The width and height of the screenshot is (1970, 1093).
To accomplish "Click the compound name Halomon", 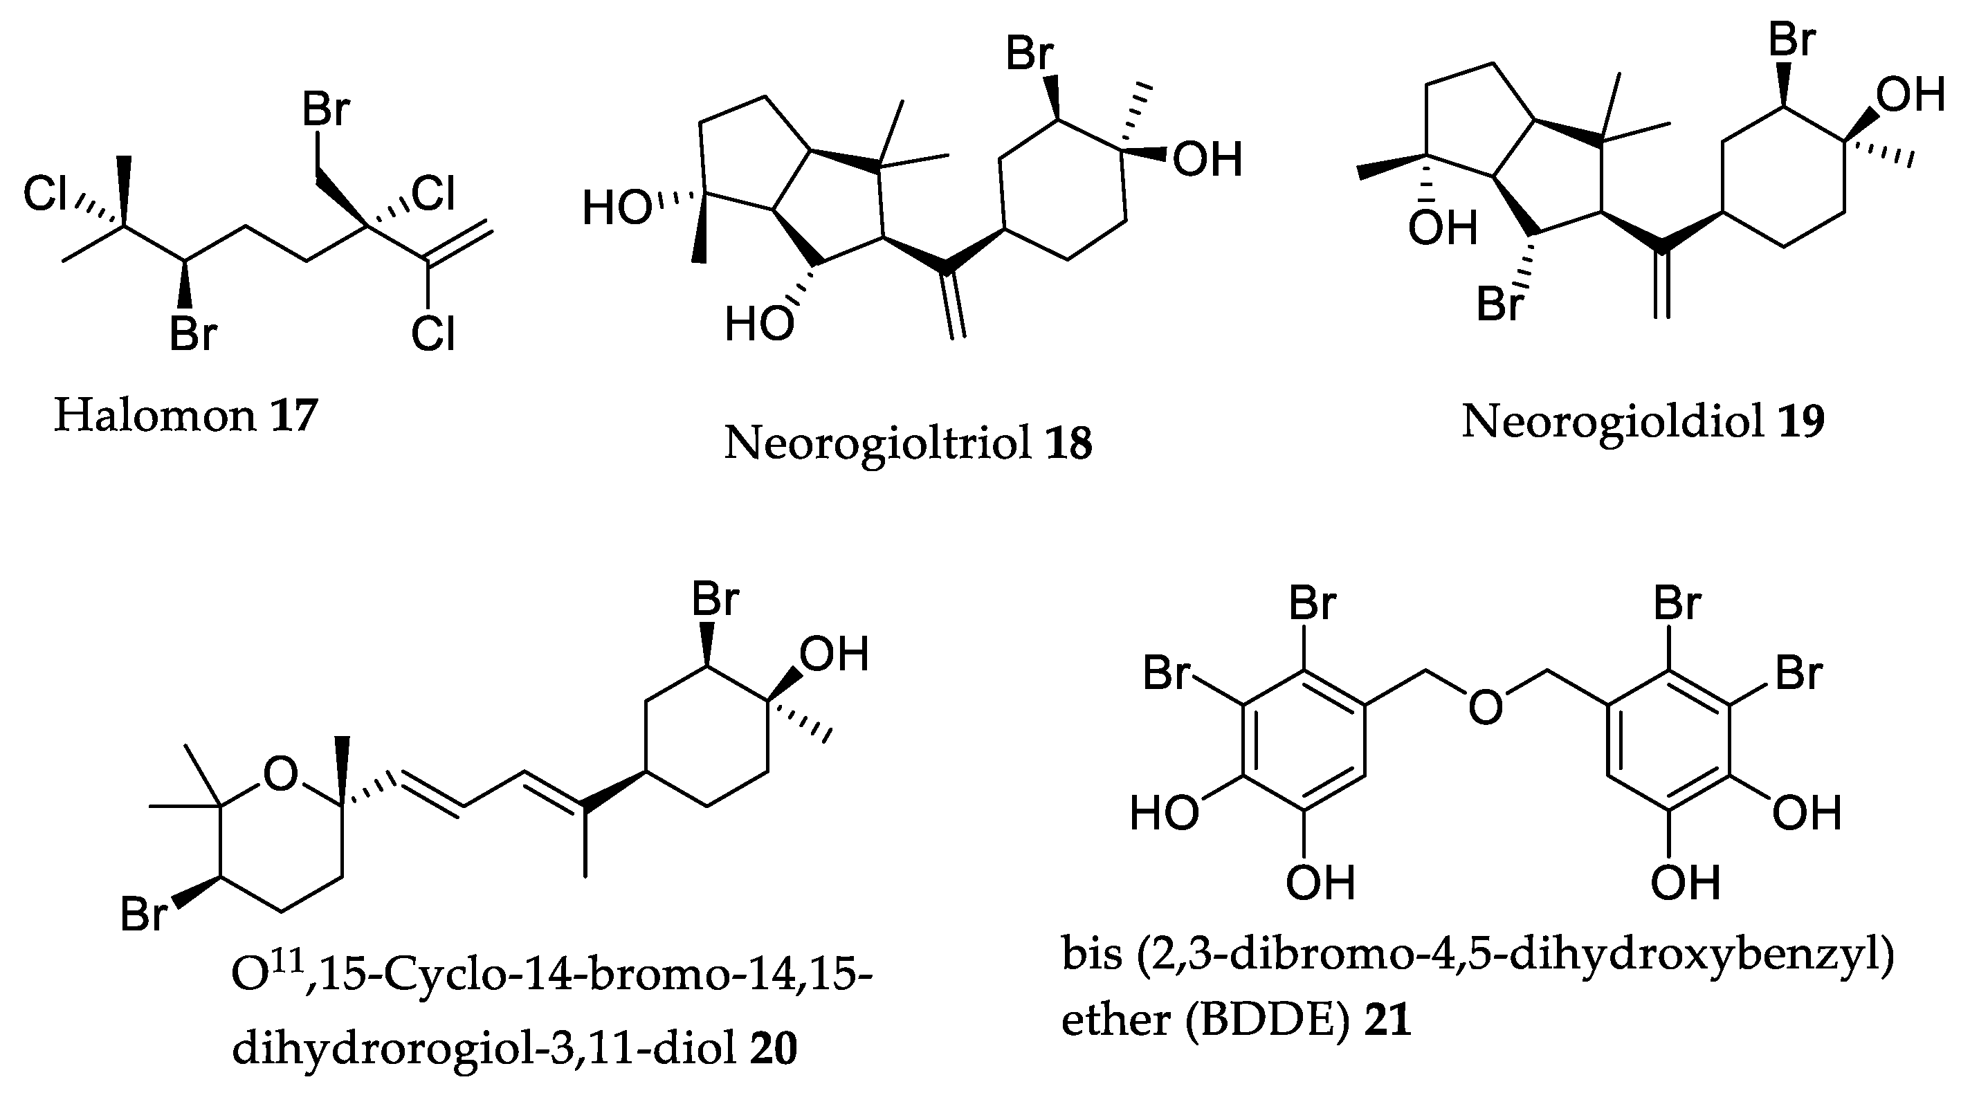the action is pos(154,416).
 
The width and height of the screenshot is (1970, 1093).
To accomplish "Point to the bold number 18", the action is pos(1068,443).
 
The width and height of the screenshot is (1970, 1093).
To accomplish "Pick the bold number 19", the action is pos(1801,421).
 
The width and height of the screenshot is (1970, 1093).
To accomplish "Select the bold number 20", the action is pos(773,1048).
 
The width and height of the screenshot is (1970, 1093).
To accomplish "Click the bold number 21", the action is pos(1388,1021).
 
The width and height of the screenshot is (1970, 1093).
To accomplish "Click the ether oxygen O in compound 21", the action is pos(1484,707).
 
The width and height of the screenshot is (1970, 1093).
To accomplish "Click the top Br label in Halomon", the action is pos(326,109).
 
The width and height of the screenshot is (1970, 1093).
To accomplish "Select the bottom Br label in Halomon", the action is pos(193,334).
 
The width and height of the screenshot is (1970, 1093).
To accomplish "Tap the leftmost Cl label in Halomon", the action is pos(45,194).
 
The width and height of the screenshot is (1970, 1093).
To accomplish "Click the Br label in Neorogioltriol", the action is pos(1030,54).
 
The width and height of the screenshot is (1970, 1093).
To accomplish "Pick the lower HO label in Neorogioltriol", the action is pos(758,324).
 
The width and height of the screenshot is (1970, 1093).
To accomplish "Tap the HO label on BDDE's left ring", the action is pos(1163,813).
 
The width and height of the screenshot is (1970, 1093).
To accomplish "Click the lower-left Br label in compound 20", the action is pos(144,913).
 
